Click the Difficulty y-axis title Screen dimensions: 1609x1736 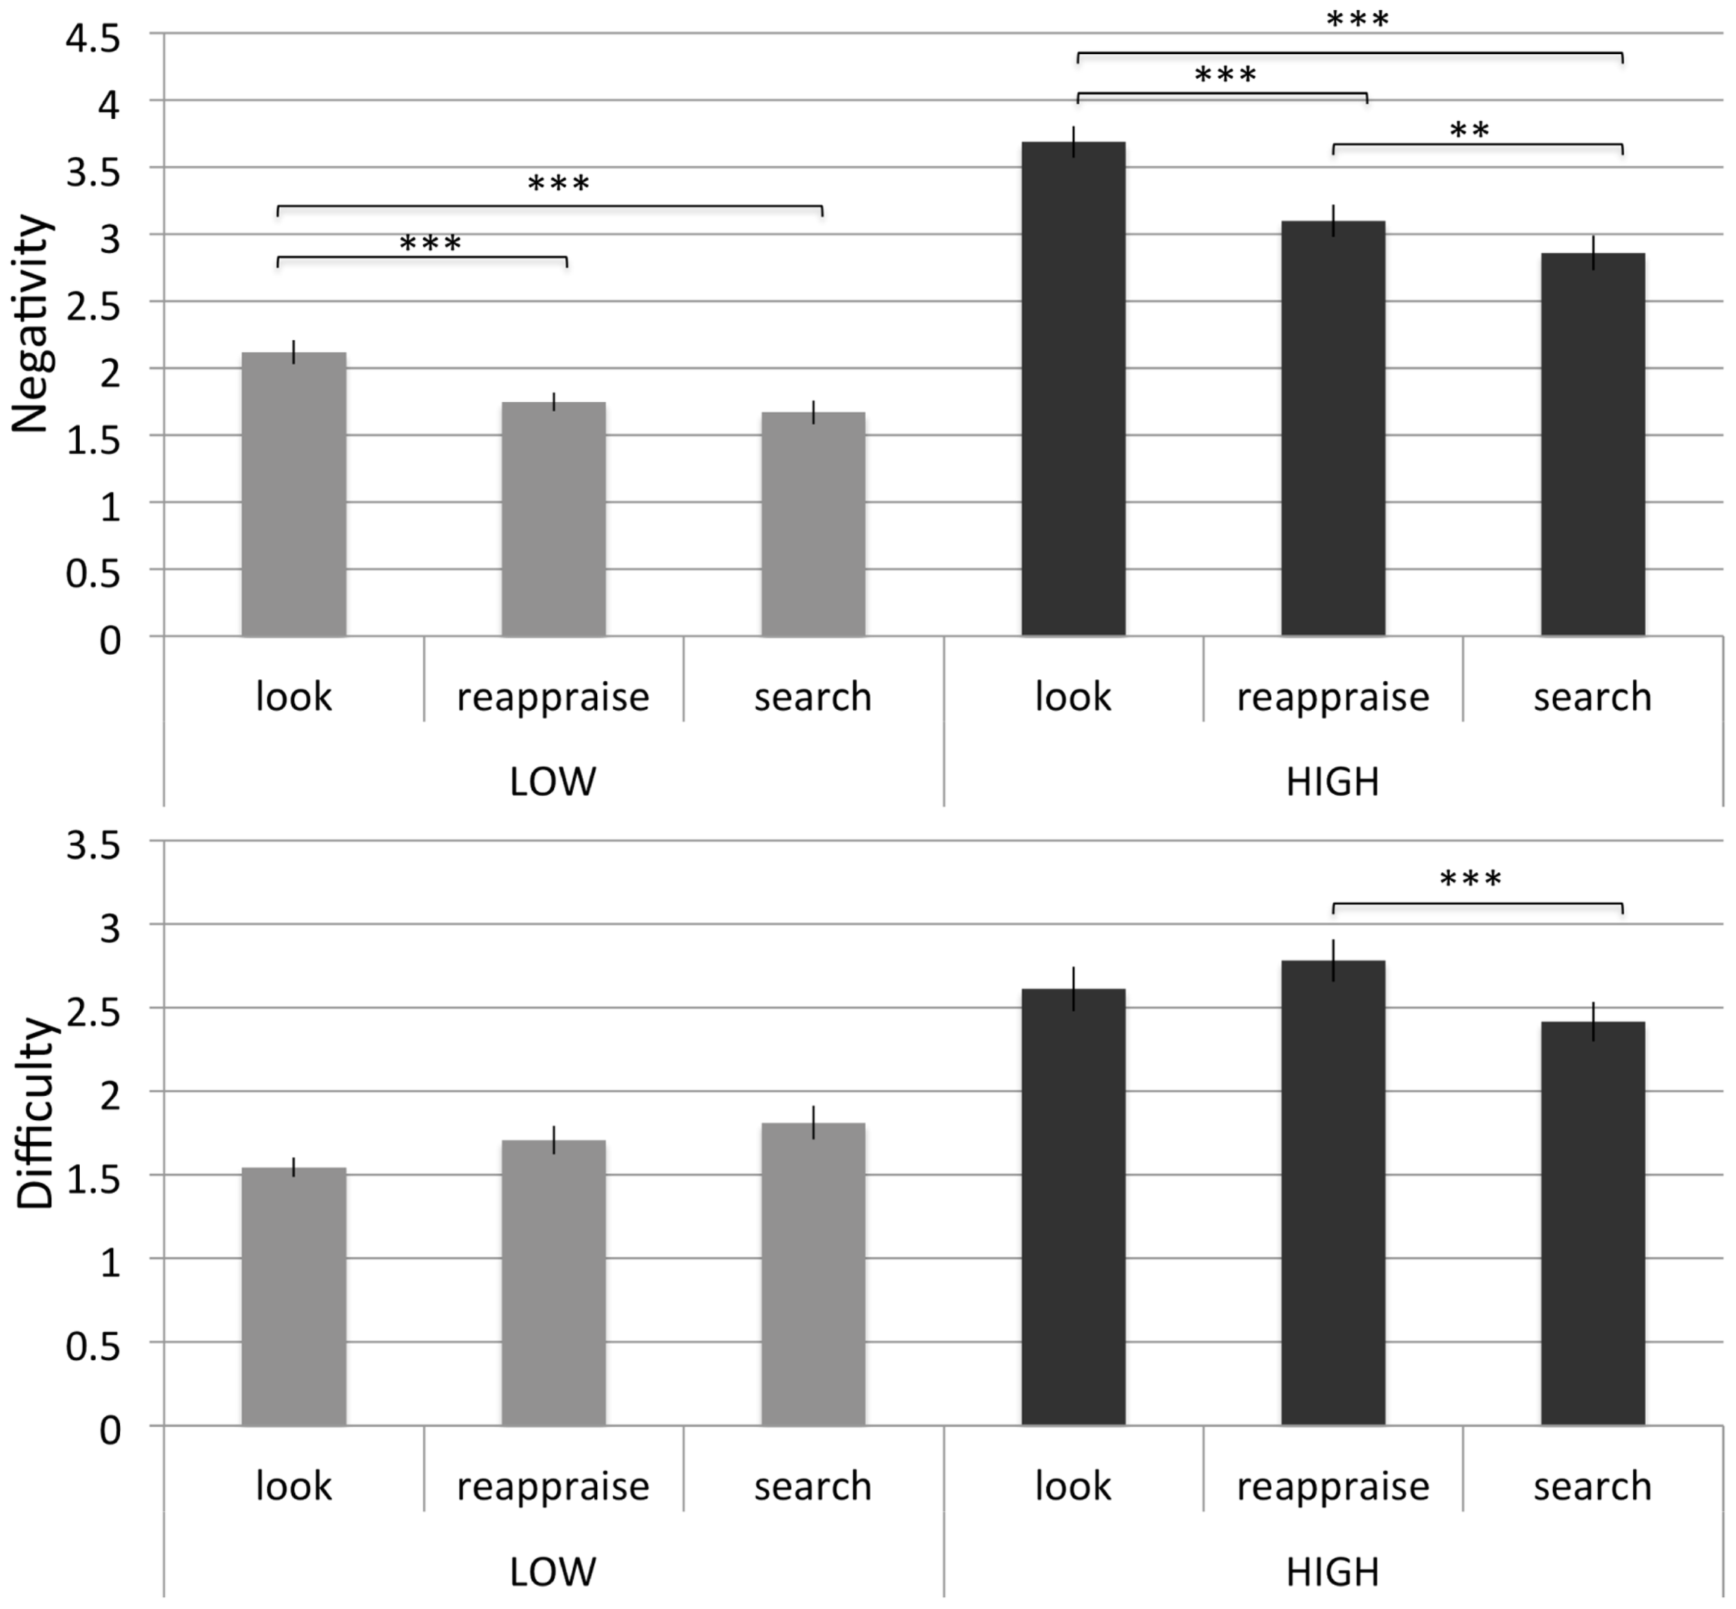point(35,1114)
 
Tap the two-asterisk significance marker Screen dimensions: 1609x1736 point(1469,131)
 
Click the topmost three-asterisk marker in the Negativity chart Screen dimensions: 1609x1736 point(1358,19)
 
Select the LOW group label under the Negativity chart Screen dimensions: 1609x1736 point(553,782)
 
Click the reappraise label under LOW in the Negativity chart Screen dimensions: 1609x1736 point(553,697)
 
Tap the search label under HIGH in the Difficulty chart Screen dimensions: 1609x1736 point(1592,1486)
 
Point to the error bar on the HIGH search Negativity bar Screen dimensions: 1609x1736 point(1592,253)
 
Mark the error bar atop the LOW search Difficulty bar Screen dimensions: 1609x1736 point(813,1122)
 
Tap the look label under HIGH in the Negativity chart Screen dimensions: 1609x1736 point(1073,697)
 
